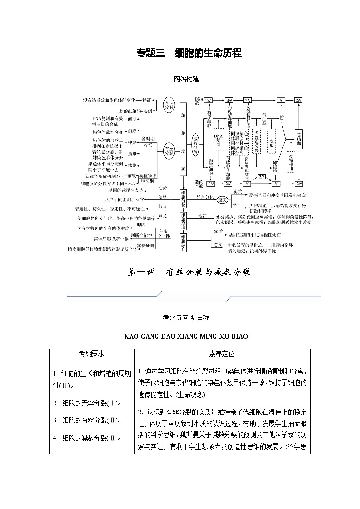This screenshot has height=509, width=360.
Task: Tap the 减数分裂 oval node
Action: (x=195, y=145)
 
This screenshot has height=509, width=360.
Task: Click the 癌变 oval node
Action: (x=222, y=199)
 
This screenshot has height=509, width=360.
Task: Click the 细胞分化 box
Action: (x=183, y=199)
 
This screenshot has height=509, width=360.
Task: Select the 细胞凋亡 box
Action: (x=183, y=242)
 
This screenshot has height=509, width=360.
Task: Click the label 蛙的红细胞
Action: (x=130, y=111)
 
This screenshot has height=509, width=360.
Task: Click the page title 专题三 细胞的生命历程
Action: (x=189, y=53)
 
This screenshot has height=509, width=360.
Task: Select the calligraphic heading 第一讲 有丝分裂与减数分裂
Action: (x=189, y=272)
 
